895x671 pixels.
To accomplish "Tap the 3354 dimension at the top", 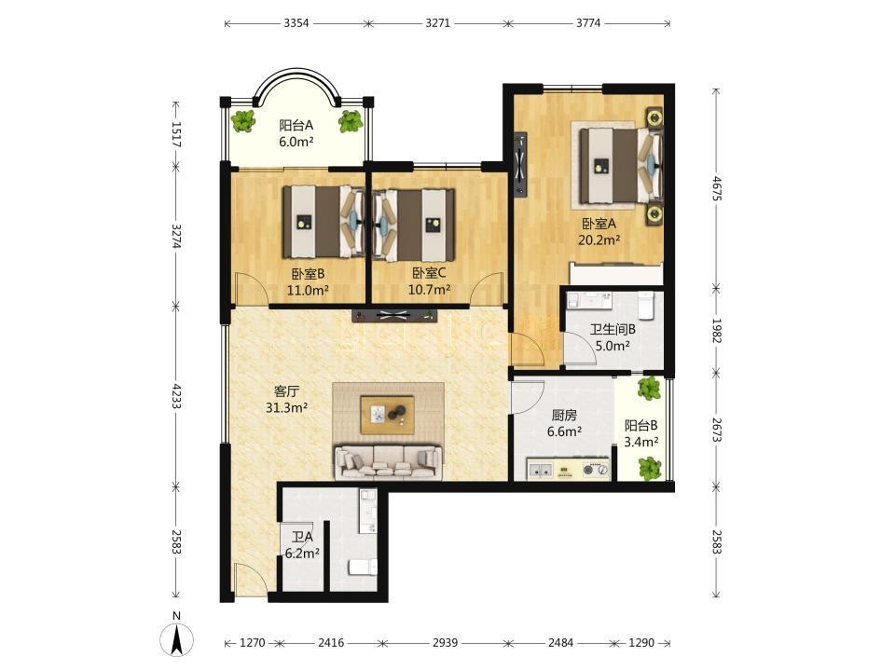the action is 296,23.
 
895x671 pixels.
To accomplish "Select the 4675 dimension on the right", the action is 717,188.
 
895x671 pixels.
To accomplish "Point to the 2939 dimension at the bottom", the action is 445,643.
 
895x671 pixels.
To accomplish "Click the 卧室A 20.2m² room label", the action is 599,232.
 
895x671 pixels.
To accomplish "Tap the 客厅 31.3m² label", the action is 286,400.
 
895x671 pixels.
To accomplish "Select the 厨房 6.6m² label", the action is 564,423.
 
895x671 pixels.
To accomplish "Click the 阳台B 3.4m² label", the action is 641,433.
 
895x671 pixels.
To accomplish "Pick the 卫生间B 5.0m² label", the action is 613,337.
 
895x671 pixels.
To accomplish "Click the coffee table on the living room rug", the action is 388,415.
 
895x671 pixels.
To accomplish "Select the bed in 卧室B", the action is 324,222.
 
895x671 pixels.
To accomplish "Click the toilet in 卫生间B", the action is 646,306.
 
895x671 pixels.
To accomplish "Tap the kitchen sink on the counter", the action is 541,470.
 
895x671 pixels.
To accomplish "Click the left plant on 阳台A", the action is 243,121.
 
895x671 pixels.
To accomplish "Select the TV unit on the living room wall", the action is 395,314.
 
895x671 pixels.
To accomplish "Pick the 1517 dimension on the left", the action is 176,135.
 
